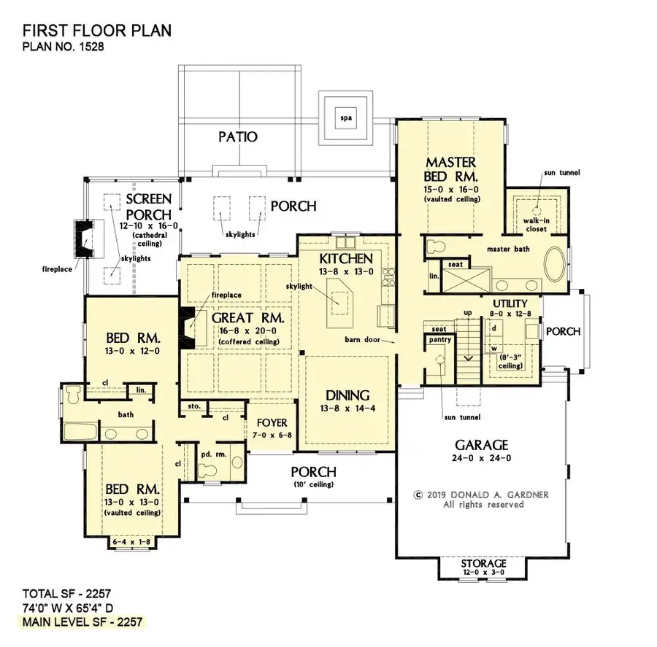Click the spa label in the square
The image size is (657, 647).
click(346, 117)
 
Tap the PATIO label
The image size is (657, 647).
click(238, 136)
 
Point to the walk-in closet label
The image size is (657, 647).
click(537, 225)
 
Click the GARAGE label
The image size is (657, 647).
click(482, 445)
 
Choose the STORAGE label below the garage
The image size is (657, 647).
click(483, 563)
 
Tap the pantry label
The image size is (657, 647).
click(440, 340)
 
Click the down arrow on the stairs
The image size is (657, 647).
click(469, 358)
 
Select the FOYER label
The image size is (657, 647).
click(272, 423)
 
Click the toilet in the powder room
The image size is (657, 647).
click(207, 470)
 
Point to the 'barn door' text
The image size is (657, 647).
click(362, 339)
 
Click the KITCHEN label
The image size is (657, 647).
click(346, 258)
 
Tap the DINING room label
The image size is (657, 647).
click(347, 395)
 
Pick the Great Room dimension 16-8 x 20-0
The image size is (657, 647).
click(248, 331)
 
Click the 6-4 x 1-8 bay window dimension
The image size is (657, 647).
click(131, 542)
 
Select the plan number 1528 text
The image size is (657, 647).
click(64, 47)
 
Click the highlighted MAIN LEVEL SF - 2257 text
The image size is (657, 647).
click(82, 622)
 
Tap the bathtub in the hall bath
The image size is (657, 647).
click(80, 430)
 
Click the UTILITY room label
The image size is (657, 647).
click(510, 303)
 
